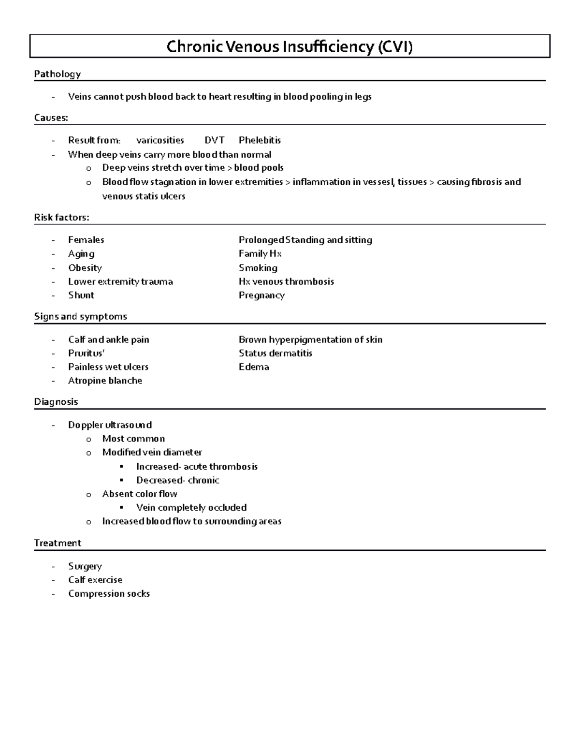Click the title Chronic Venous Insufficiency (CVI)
pos(290,47)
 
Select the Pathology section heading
pos(57,74)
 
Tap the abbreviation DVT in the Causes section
pos(215,140)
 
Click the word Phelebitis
pos(260,140)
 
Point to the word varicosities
pos(160,140)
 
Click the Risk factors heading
pos(61,218)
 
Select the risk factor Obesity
pos(85,268)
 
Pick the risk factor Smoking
pos(258,268)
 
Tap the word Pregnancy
pos(261,295)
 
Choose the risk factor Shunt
pos(81,295)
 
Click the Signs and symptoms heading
pos(80,317)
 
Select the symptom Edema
pos(254,367)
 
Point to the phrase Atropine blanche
pos(105,381)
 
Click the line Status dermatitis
pos(275,353)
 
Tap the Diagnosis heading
pos(56,402)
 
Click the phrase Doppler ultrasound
pos(110,425)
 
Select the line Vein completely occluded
pos(191,508)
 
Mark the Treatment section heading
pos(58,543)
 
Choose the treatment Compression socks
pos(109,594)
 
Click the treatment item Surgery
pos(85,566)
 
